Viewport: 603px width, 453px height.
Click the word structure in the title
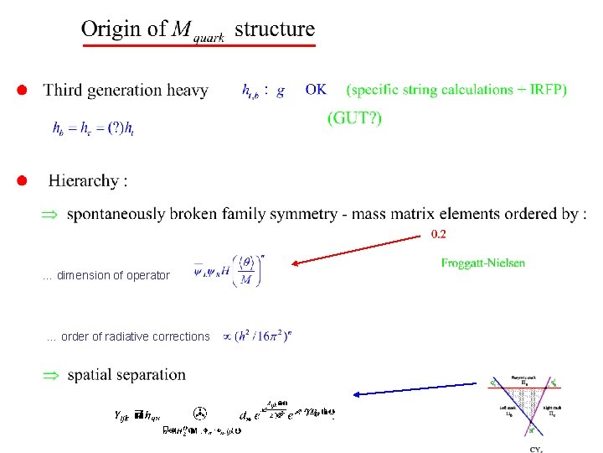point(275,29)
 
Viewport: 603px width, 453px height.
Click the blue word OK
point(317,90)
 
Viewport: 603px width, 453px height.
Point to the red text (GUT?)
point(354,118)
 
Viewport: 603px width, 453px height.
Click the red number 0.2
point(438,234)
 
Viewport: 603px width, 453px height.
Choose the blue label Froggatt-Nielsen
point(483,263)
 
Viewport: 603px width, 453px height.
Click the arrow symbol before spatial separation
point(51,375)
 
